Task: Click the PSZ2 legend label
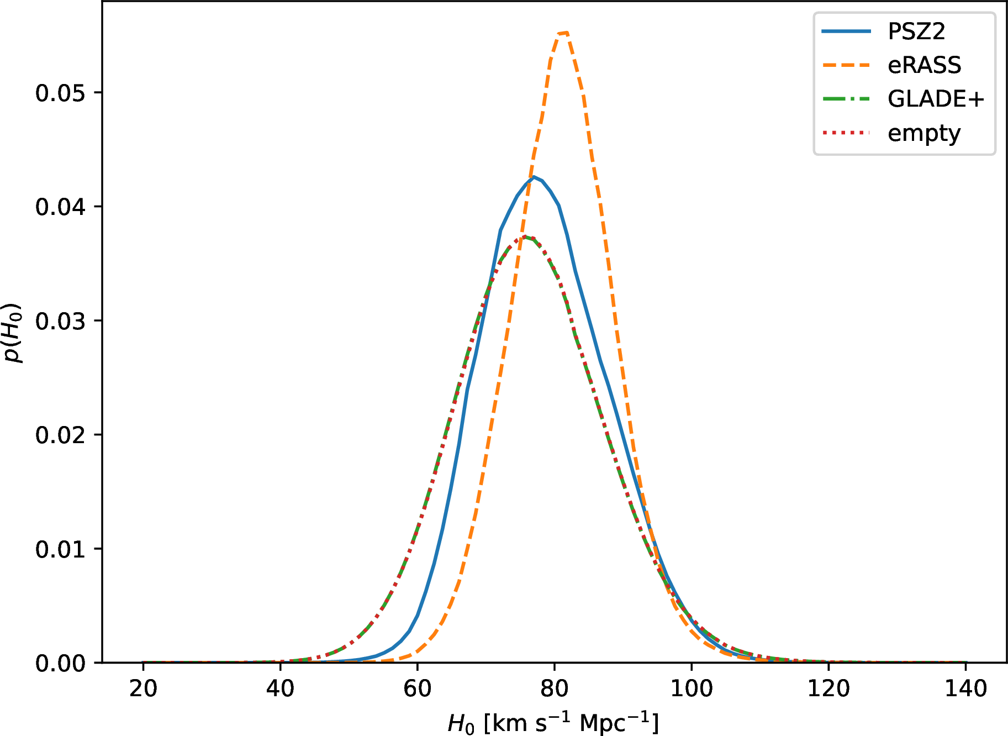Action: pyautogui.click(x=916, y=31)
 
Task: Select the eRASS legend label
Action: pyautogui.click(x=924, y=65)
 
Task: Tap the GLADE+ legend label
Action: pyautogui.click(x=936, y=99)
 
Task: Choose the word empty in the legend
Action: pyautogui.click(x=924, y=134)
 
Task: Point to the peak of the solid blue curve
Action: pyautogui.click(x=534, y=177)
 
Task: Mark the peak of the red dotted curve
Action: pyautogui.click(x=525, y=237)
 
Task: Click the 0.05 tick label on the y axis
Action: pyautogui.click(x=61, y=93)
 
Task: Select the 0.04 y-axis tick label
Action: pyautogui.click(x=61, y=207)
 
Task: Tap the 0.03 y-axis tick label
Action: pyautogui.click(x=61, y=321)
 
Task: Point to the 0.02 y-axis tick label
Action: pyautogui.click(x=61, y=435)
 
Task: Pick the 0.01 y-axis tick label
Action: pyautogui.click(x=61, y=549)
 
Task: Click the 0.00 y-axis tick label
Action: pyautogui.click(x=61, y=663)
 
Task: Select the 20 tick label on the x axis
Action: pyautogui.click(x=143, y=688)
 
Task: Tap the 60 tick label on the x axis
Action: pyautogui.click(x=417, y=688)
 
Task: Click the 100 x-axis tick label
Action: pyautogui.click(x=691, y=688)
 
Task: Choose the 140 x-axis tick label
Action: pyautogui.click(x=965, y=688)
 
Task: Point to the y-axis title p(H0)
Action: pyautogui.click(x=13, y=333)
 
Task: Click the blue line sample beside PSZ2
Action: pyautogui.click(x=846, y=31)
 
